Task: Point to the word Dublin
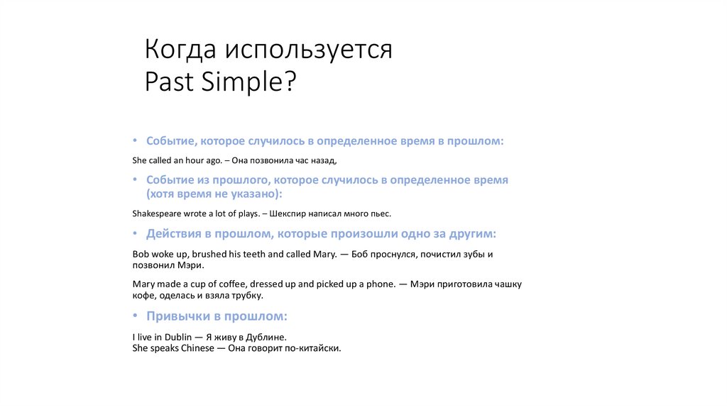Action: coord(178,338)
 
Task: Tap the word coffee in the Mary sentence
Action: coord(231,284)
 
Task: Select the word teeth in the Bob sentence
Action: coord(252,254)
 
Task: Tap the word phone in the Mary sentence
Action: coord(379,284)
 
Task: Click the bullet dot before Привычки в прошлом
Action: coord(136,316)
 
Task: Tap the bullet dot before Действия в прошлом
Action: coord(136,234)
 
